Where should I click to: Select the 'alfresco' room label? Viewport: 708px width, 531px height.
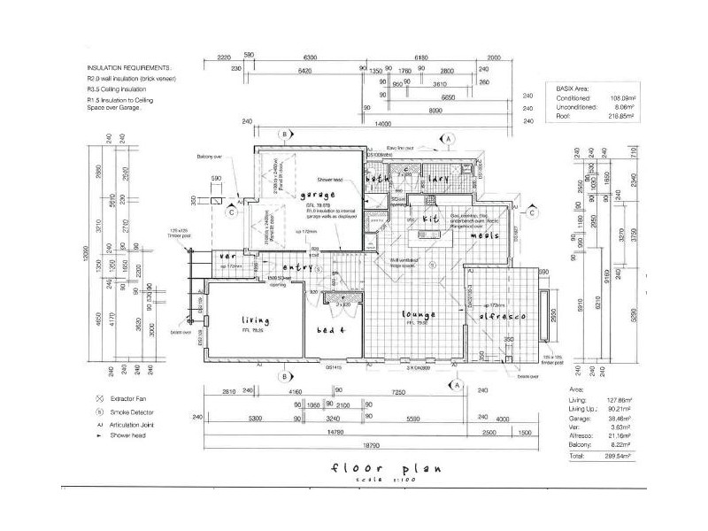point(503,316)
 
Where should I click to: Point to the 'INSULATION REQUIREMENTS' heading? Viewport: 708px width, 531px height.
point(129,67)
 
